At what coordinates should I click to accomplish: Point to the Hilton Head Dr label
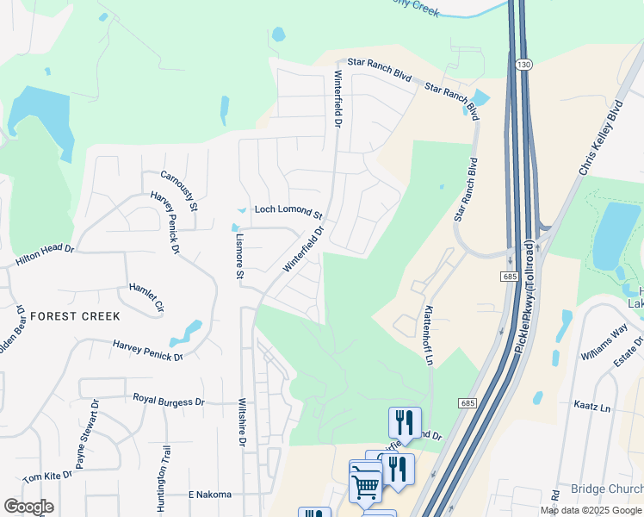[x=45, y=255]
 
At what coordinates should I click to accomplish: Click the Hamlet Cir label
[x=146, y=296]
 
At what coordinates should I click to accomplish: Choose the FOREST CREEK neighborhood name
[x=75, y=316]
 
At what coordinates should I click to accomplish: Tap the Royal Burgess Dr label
[x=168, y=401]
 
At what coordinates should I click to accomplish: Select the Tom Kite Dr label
[x=47, y=476]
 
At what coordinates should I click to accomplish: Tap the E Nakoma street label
[x=210, y=495]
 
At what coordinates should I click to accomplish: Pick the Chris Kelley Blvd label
[x=600, y=139]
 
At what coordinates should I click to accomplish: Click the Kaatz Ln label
[x=592, y=404]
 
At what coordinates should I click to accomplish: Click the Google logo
[x=28, y=506]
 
